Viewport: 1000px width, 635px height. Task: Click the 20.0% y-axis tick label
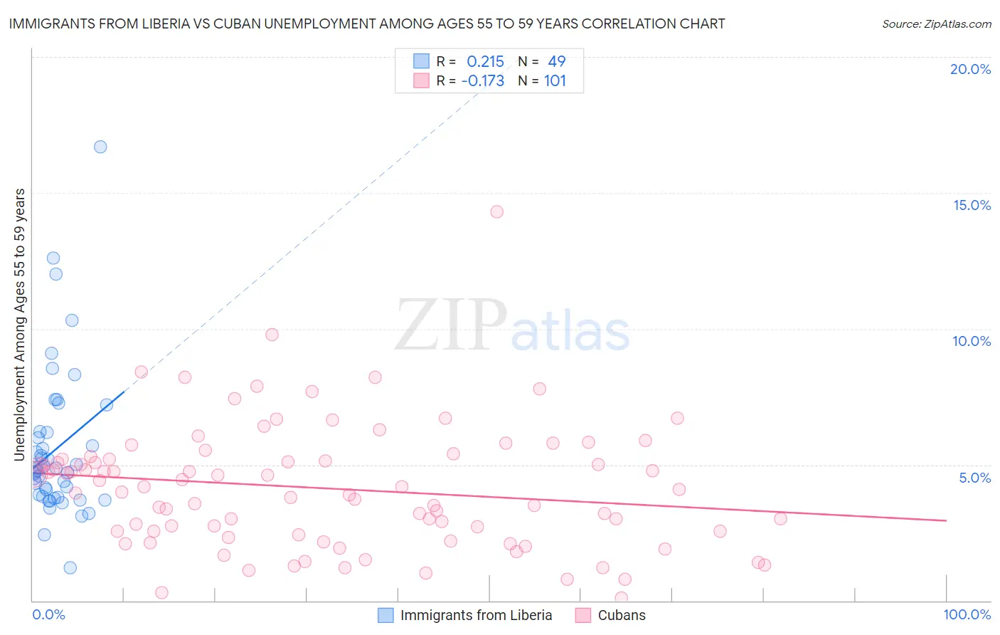pos(970,69)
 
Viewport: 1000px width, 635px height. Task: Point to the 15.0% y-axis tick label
pos(972,205)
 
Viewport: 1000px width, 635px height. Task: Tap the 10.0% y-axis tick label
pos(972,341)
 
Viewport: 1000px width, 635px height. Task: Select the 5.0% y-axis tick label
pos(974,478)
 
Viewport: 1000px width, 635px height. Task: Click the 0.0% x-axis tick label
pos(48,614)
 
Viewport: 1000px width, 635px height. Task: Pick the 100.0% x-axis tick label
pos(967,614)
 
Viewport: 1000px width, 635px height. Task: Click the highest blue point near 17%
pos(100,147)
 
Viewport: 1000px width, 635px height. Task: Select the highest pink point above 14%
pos(497,211)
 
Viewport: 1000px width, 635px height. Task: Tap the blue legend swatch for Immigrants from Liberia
pos(385,615)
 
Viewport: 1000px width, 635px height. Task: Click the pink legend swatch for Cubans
pos(583,615)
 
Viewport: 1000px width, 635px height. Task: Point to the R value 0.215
pos(485,61)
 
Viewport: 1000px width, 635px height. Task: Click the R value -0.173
pos(483,80)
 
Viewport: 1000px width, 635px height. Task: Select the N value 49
pos(556,61)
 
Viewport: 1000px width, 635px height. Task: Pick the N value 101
pos(555,80)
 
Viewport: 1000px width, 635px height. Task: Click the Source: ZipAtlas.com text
pos(936,23)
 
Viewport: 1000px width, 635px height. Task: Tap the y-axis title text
pos(20,325)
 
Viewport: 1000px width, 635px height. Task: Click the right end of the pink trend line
pos(946,520)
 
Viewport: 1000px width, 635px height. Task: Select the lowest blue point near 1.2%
pos(70,567)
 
